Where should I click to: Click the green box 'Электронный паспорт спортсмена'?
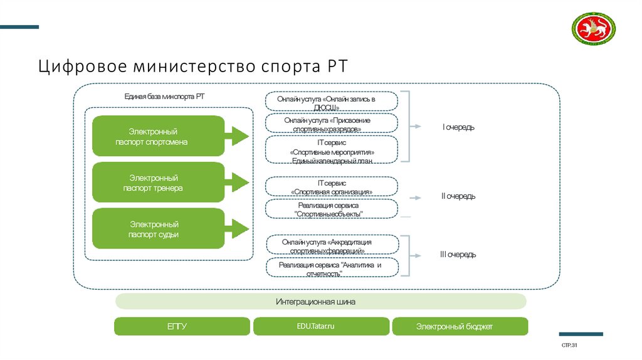pos(159,136)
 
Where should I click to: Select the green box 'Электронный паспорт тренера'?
pos(159,183)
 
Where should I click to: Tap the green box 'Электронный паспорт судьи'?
pos(159,229)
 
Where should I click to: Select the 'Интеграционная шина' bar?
pos(320,302)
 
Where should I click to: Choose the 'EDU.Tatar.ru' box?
pos(321,327)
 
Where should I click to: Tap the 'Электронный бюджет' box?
pos(460,327)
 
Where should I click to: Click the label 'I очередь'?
pos(458,127)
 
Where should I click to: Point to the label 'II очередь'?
pos(458,196)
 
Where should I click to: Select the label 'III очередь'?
pos(458,255)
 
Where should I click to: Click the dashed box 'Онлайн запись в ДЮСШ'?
pos(332,102)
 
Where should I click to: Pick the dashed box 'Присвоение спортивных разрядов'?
pos(332,124)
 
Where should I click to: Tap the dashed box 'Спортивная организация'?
pos(332,187)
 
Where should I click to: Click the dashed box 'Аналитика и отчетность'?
pos(332,268)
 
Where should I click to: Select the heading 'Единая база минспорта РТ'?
pos(164,97)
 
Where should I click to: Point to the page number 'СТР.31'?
pos(569,346)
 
